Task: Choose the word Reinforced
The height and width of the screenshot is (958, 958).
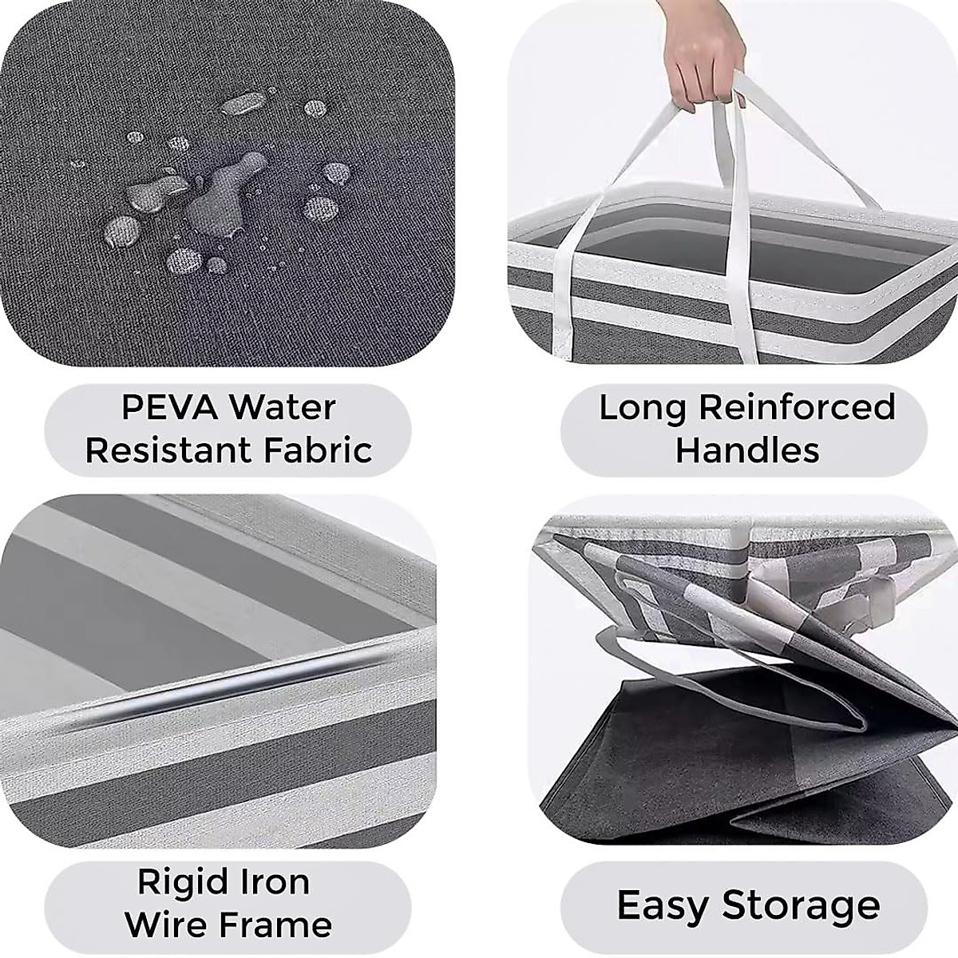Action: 797,408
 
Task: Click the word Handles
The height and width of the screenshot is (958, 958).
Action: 747,450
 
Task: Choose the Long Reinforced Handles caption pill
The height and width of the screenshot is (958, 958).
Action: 746,429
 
